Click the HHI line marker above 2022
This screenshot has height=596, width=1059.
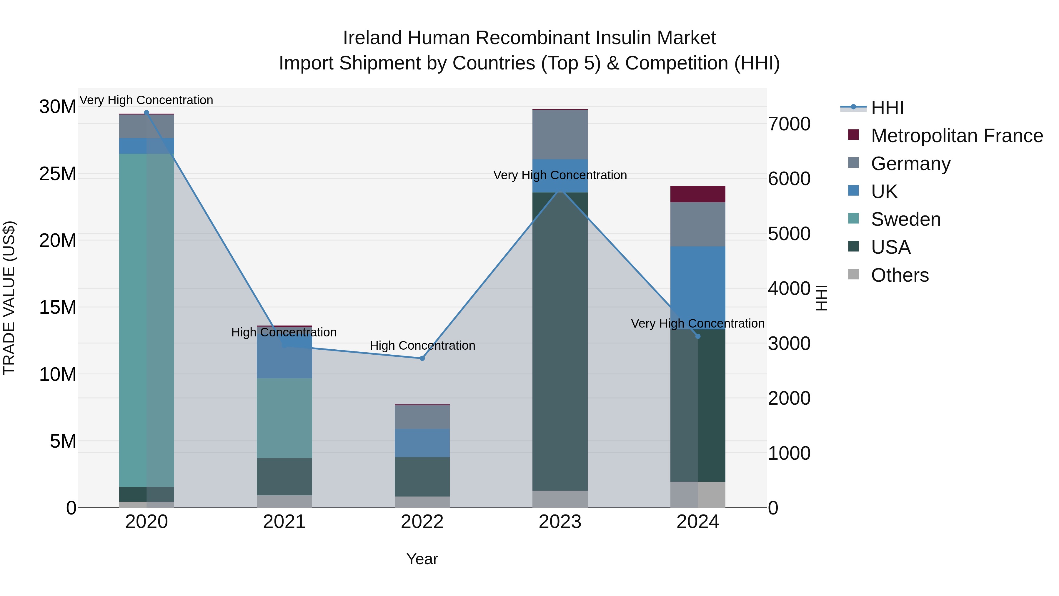(422, 358)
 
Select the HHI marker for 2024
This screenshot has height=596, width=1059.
(698, 336)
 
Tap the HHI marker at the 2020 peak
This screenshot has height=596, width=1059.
(146, 112)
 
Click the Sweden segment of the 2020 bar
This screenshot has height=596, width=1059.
(146, 321)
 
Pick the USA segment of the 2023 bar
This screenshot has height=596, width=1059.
(560, 341)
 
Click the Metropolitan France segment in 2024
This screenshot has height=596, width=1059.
(698, 194)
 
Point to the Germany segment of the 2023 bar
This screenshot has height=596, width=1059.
(560, 135)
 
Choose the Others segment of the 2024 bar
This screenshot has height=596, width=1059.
(698, 494)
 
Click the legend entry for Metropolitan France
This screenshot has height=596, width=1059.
(956, 136)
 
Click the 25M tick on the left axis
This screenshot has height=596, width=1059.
(58, 174)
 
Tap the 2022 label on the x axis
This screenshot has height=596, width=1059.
(422, 522)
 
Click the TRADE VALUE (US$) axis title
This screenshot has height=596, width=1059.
(9, 298)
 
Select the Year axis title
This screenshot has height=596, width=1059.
(422, 559)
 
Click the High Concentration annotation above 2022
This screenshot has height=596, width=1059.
(422, 346)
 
